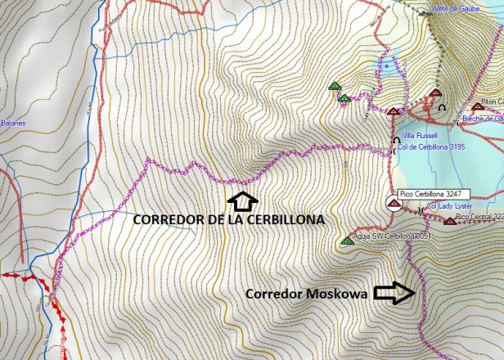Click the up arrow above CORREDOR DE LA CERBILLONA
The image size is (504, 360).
242,200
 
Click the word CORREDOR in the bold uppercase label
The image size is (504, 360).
169,220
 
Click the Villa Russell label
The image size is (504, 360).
420,135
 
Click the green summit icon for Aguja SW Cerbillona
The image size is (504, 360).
347,241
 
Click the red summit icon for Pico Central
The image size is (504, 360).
450,221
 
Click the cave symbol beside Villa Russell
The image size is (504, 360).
397,139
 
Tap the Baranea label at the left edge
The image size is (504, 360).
13,124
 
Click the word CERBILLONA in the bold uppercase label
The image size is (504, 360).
283,220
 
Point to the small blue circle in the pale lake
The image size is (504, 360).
386,61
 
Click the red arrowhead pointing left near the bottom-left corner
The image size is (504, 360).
6,276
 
